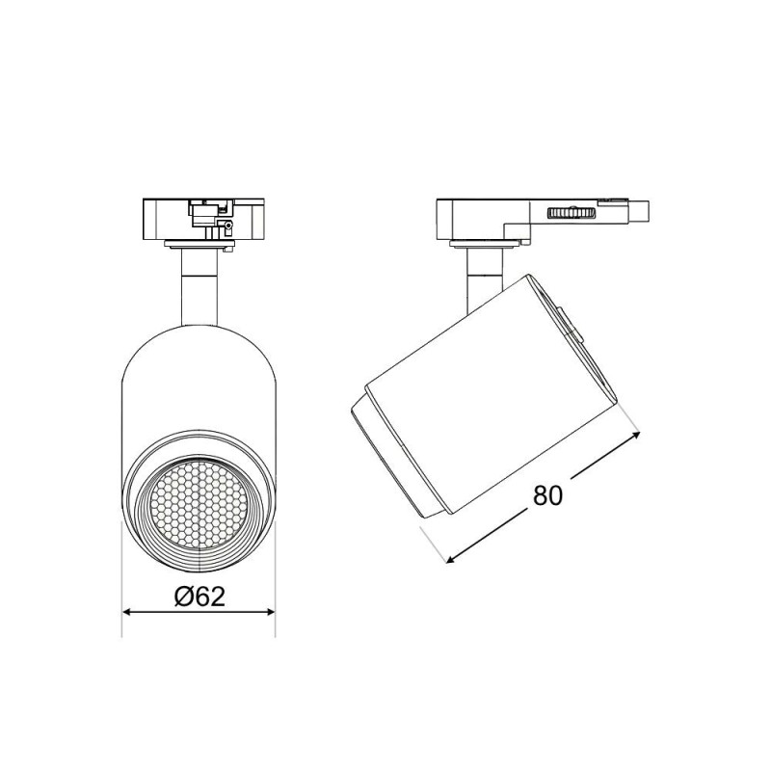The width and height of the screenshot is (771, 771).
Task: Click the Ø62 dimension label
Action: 199,597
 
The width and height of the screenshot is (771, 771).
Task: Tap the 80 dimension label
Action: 547,495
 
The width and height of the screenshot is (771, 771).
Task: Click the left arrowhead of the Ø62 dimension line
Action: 128,612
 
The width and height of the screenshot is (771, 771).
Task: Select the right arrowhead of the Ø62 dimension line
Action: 270,612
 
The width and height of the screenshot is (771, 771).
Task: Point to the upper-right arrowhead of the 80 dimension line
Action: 635,435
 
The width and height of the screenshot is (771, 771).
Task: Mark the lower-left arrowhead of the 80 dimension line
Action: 450,559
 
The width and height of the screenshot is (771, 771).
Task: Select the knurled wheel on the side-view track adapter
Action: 572,213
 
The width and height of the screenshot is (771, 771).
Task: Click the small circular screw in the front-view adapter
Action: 227,226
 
